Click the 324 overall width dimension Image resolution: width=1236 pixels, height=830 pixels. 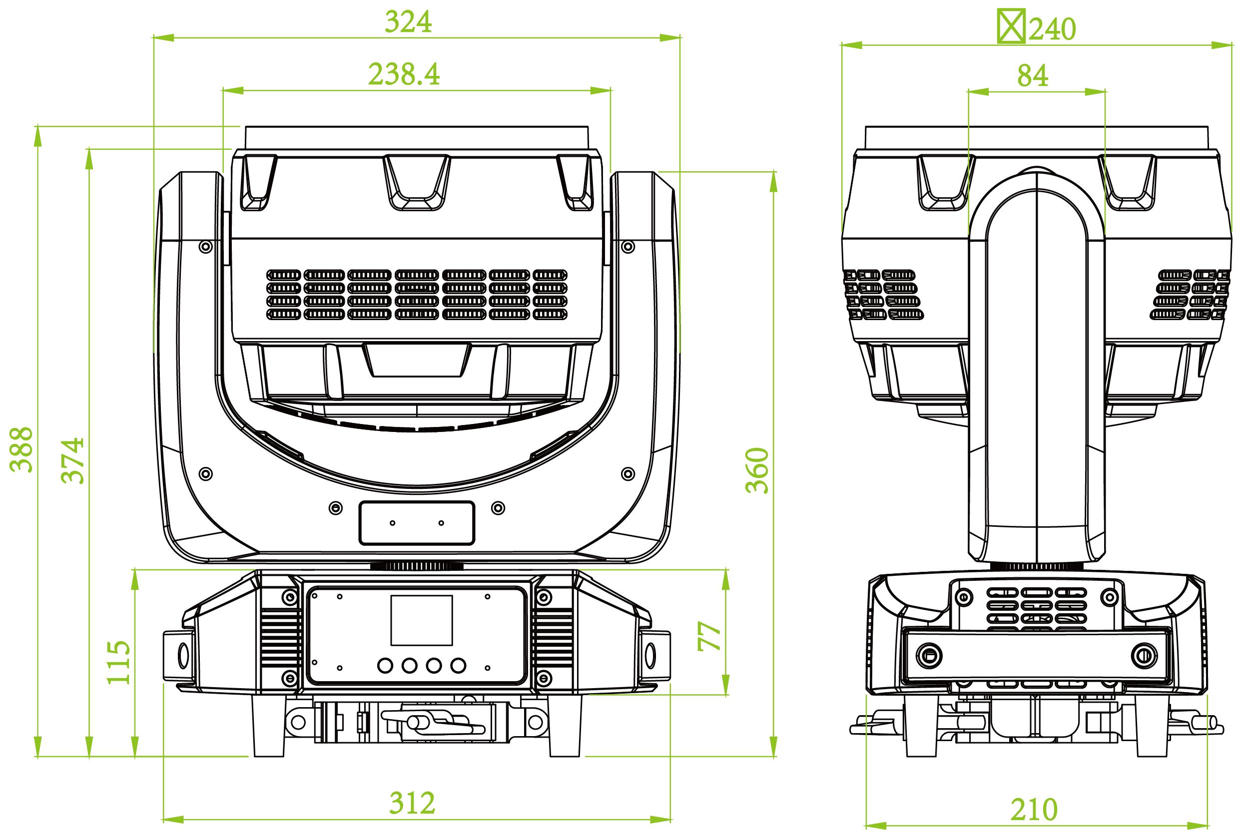pos(408,22)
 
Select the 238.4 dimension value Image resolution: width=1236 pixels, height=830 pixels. pos(404,74)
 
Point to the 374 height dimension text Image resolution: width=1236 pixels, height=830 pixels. pos(73,460)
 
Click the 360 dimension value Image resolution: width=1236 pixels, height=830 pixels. pos(757,470)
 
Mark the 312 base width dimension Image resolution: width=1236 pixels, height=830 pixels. pos(412,803)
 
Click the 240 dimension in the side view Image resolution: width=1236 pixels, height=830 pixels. pos(1052,29)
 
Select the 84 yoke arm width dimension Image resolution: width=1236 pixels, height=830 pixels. pos(1032,76)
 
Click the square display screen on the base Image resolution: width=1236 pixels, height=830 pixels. pos(422,620)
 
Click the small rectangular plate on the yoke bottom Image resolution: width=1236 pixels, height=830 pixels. pos(417,523)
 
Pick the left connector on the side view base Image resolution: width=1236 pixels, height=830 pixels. pos(928,655)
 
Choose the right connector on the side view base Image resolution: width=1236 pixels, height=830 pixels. pos(1140,655)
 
